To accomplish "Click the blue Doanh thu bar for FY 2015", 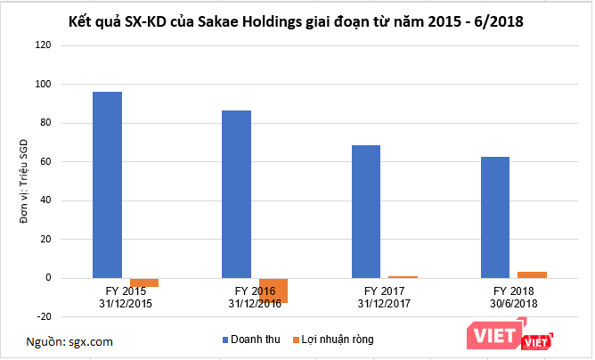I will pyautogui.click(x=107, y=184).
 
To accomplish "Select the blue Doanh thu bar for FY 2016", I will pyautogui.click(x=236, y=194).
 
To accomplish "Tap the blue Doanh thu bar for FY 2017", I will pyautogui.click(x=365, y=211).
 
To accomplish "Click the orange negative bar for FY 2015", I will pyautogui.click(x=143, y=282).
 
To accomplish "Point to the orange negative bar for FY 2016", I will pyautogui.click(x=273, y=290).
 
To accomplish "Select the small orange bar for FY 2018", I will pyautogui.click(x=532, y=274).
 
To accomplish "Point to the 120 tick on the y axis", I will pyautogui.click(x=42, y=45).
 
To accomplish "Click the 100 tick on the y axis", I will pyautogui.click(x=42, y=84).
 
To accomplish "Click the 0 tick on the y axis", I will pyautogui.click(x=47, y=278).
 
